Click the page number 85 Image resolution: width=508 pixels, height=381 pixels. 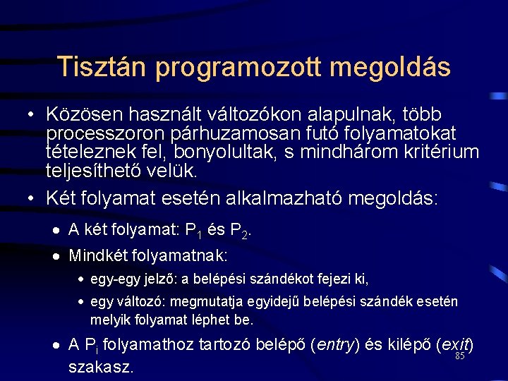click(x=460, y=356)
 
